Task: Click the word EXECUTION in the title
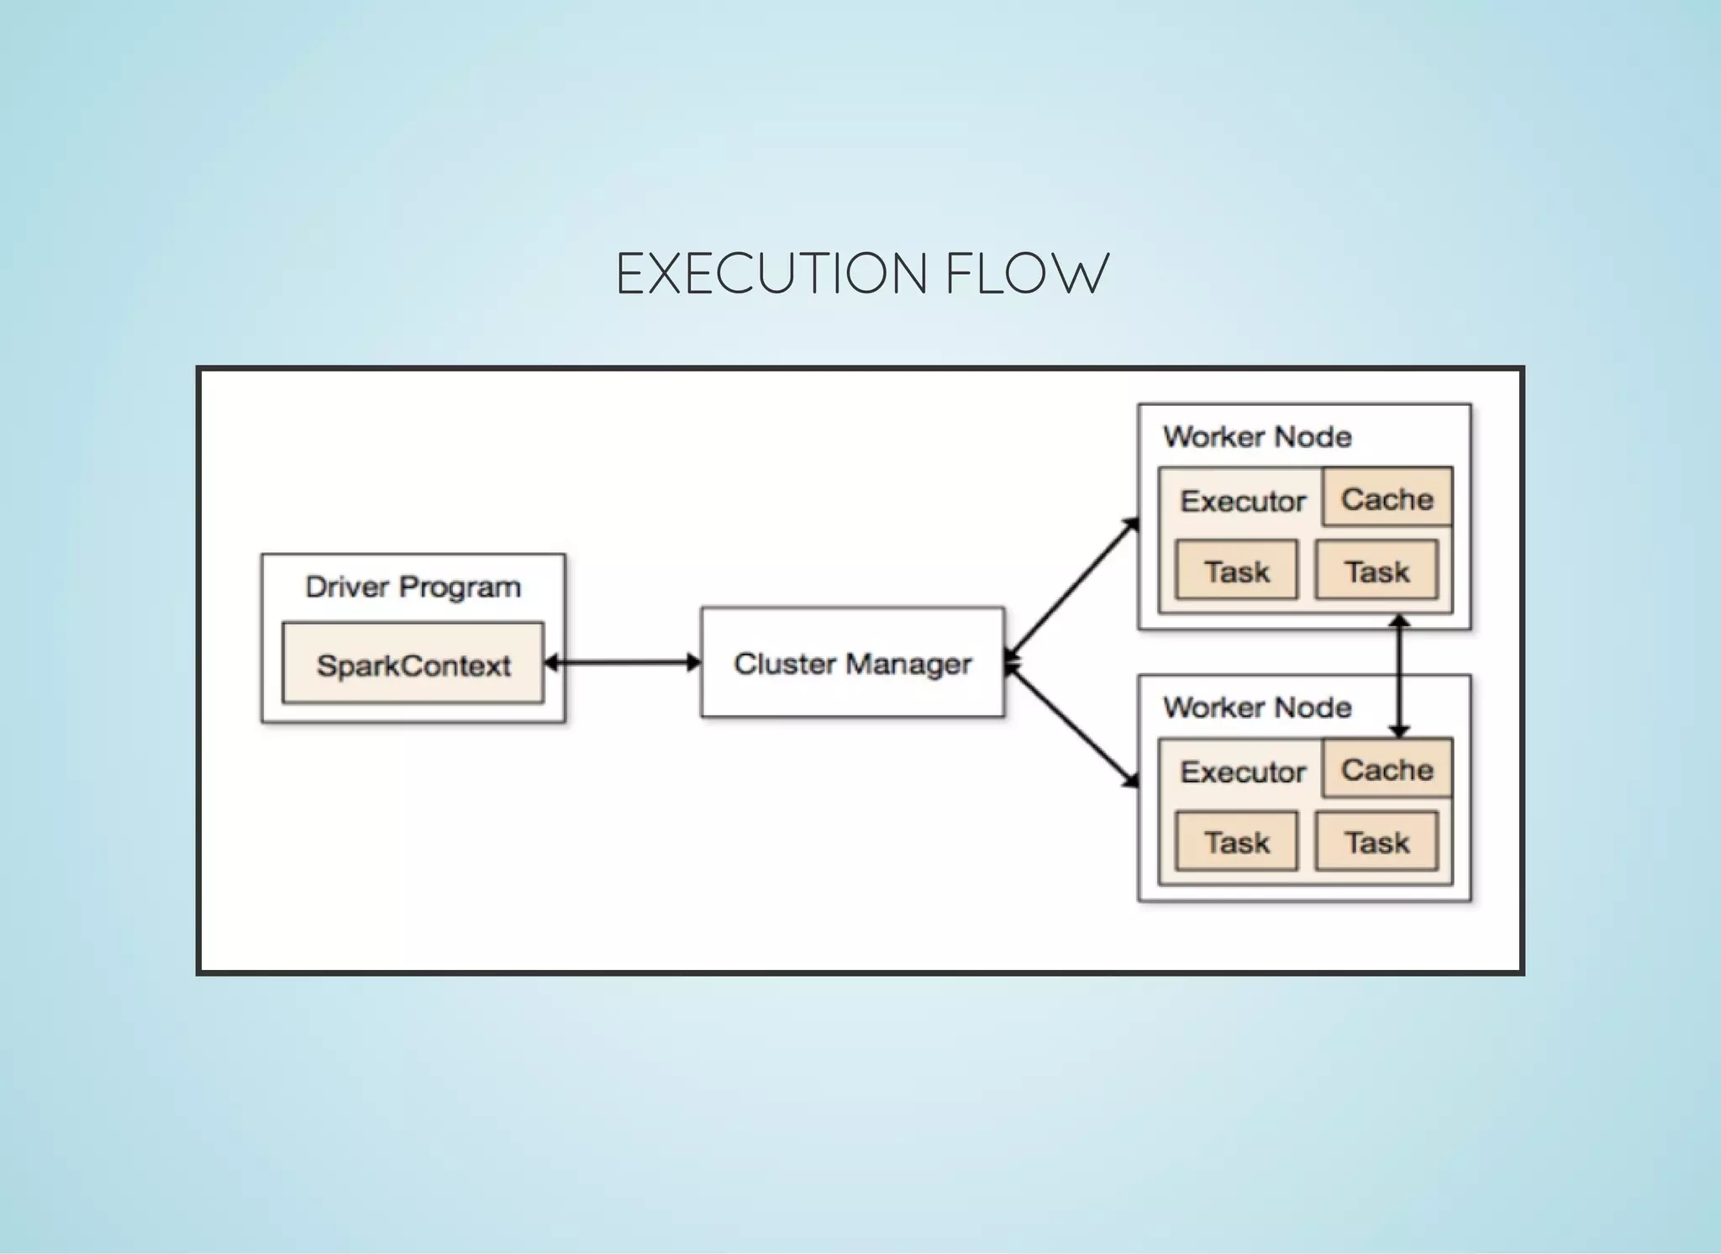[771, 274]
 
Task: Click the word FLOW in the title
[1026, 274]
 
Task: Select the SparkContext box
[413, 663]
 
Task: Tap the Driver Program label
[413, 587]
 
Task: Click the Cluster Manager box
[852, 662]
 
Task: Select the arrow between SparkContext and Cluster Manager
[622, 662]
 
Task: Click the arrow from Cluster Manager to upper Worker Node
[1072, 588]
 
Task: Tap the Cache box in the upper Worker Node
[1387, 498]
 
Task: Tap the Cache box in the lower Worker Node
[1387, 769]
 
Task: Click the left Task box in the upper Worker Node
[1236, 571]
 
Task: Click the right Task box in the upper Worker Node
[1376, 571]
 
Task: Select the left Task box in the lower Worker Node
[1236, 841]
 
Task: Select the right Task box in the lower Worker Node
[1376, 841]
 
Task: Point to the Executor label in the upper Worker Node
[1242, 501]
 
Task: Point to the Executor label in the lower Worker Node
[1242, 772]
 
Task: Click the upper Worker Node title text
[1257, 436]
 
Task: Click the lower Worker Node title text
[1257, 707]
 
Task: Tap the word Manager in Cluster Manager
[908, 665]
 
